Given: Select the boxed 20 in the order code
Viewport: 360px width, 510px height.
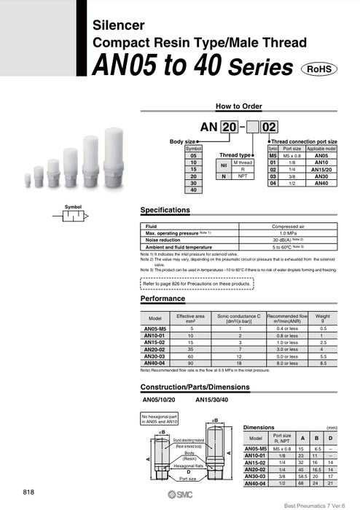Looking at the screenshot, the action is [x=228, y=127].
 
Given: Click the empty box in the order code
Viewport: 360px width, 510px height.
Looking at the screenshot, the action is [x=253, y=127].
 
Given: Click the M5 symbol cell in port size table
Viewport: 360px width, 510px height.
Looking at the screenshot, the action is [x=273, y=155].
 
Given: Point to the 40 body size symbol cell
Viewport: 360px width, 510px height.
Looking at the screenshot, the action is [x=193, y=189].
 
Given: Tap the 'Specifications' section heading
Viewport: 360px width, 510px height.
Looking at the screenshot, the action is [x=165, y=210].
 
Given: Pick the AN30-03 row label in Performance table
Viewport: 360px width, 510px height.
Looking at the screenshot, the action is [x=154, y=356].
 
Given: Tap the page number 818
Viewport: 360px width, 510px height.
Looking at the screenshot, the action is [x=29, y=492].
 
